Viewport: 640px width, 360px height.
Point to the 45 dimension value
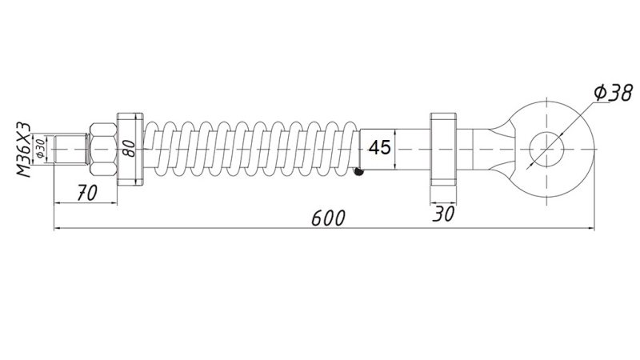(380, 149)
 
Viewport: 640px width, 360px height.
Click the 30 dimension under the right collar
(442, 213)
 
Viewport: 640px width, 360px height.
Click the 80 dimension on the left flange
(126, 149)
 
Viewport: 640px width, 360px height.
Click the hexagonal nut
(103, 150)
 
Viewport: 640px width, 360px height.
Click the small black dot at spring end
(361, 170)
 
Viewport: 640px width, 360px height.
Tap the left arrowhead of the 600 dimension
(58, 230)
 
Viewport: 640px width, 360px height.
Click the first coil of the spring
(155, 150)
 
